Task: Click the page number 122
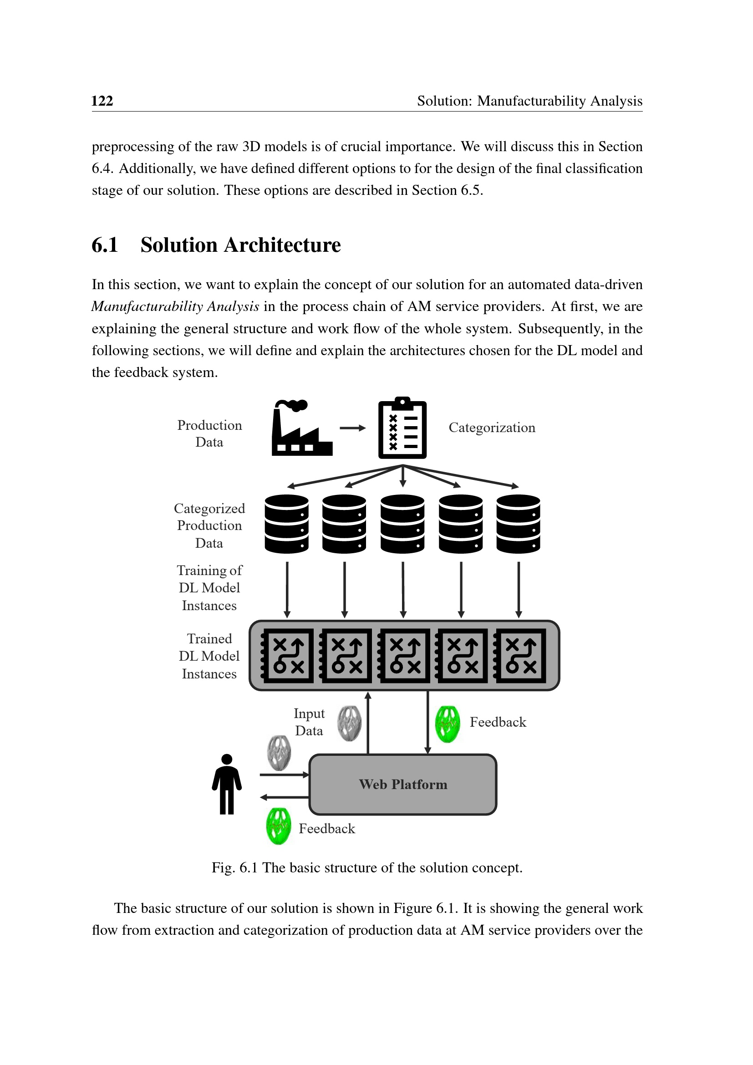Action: pyautogui.click(x=102, y=101)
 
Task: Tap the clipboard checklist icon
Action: pyautogui.click(x=402, y=428)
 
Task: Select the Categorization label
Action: pyautogui.click(x=492, y=427)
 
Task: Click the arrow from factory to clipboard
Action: pyautogui.click(x=352, y=428)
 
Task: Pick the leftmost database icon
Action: pyautogui.click(x=286, y=524)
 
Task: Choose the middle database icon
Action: pyautogui.click(x=402, y=524)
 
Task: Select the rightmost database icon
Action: pyautogui.click(x=518, y=524)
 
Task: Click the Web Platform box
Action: pyautogui.click(x=402, y=785)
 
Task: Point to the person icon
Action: pyautogui.click(x=227, y=785)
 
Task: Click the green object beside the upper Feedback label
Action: pyautogui.click(x=448, y=724)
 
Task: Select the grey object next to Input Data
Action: pyautogui.click(x=349, y=723)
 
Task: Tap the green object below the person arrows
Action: pyautogui.click(x=278, y=826)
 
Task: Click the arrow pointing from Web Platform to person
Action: pyautogui.click(x=284, y=797)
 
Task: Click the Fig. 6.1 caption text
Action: pyautogui.click(x=367, y=867)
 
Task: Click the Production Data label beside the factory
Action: pyautogui.click(x=209, y=433)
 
